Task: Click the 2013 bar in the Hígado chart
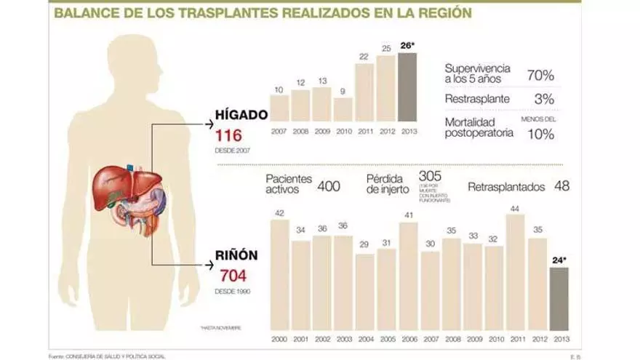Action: pyautogui.click(x=407, y=87)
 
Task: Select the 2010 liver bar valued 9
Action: pyautogui.click(x=343, y=110)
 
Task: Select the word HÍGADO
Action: pyautogui.click(x=241, y=114)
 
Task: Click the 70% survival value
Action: pyautogui.click(x=540, y=74)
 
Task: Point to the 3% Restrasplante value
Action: pyautogui.click(x=544, y=99)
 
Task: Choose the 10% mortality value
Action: pyautogui.click(x=541, y=134)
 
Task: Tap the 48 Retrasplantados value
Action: pyautogui.click(x=561, y=185)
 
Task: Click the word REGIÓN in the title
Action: pyautogui.click(x=440, y=12)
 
